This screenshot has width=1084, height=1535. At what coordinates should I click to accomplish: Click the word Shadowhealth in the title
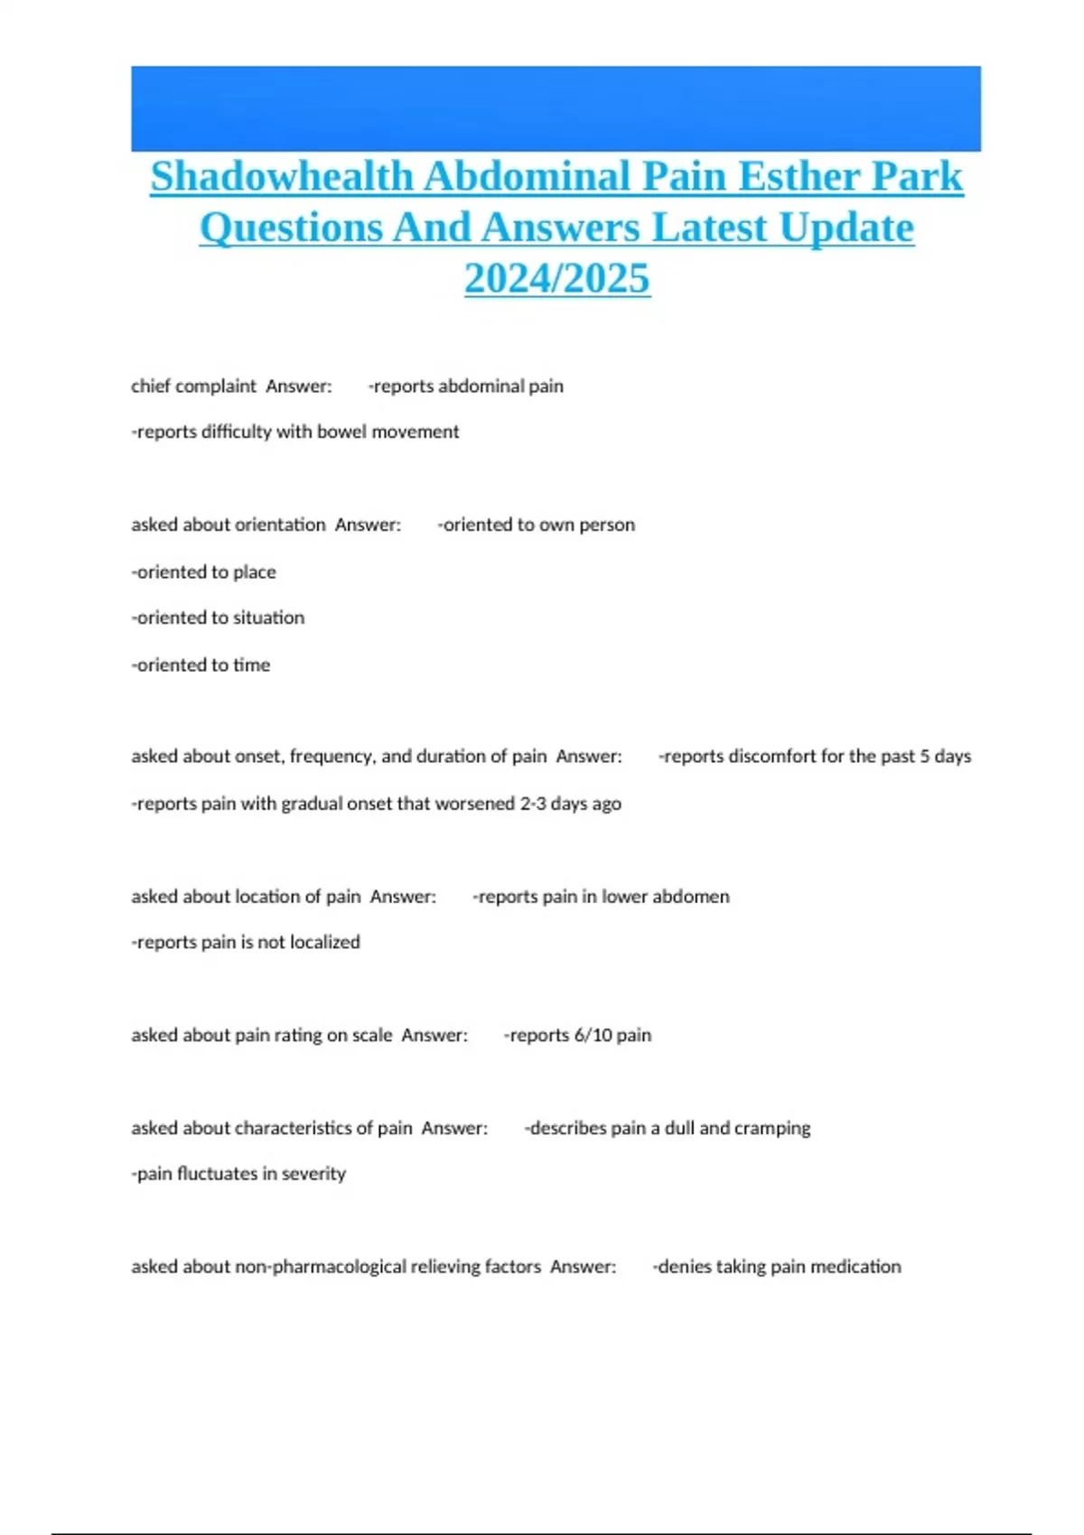coord(281,176)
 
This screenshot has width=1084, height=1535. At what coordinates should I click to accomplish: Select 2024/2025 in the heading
coord(556,278)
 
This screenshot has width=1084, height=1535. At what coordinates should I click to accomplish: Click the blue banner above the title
coord(556,108)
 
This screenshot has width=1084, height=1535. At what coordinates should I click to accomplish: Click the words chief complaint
coord(193,386)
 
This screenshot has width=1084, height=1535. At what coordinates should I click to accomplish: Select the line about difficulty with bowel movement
coord(295,432)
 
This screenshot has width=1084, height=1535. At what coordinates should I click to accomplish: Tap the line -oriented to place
coord(203,572)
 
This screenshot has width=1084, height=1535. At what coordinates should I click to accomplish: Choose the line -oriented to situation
coord(218,618)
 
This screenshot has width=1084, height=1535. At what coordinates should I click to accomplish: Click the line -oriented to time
coord(201,665)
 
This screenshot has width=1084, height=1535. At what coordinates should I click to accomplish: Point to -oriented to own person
coord(537,525)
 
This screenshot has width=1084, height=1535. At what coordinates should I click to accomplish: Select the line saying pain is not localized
coord(246,942)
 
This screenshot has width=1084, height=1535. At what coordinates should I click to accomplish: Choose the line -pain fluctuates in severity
coord(238,1174)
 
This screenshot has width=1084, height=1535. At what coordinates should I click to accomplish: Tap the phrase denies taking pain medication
coord(777,1267)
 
